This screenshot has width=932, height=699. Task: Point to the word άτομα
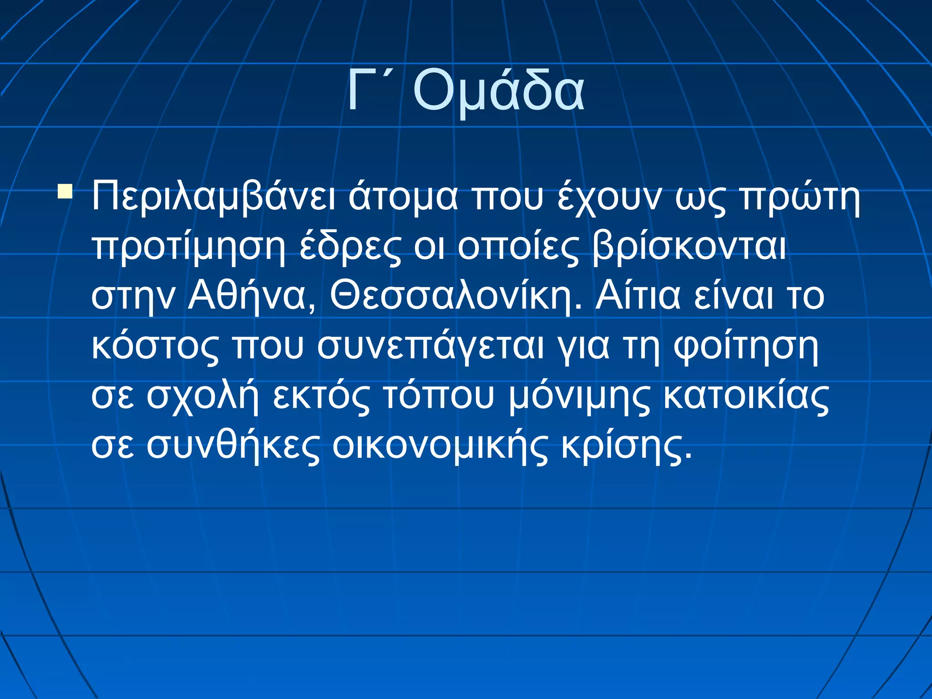(403, 197)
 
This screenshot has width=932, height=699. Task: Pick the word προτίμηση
(189, 248)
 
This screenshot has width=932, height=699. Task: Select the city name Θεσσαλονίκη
(456, 297)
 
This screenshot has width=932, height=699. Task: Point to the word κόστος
(155, 347)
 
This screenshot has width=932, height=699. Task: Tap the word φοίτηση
(746, 347)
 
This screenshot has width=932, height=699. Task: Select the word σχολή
(202, 397)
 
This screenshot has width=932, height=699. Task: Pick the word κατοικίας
(746, 396)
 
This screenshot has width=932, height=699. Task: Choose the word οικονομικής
(440, 446)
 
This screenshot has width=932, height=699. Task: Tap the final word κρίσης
(626, 446)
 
